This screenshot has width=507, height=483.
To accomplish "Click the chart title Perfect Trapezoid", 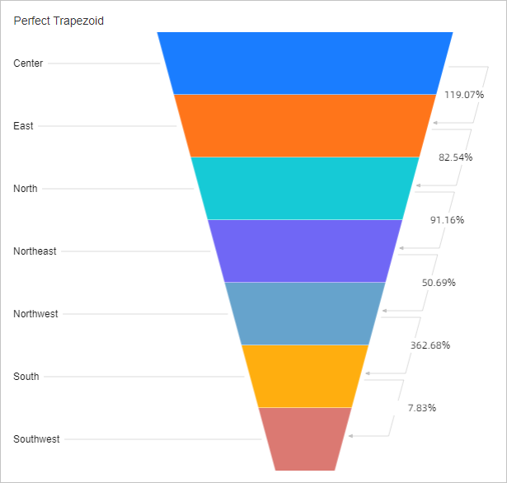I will pos(59,21).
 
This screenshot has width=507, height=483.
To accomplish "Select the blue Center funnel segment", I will pos(305,63).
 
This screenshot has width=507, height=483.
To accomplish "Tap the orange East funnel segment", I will pos(305,125).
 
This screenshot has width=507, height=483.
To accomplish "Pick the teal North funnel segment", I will pos(305,188).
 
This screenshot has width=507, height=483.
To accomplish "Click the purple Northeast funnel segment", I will pos(305,251).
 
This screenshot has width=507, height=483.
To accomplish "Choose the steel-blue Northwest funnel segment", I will pos(305,313).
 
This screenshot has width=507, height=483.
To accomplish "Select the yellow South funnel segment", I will pos(305,376).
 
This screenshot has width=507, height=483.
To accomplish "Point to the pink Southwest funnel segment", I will pos(305,438).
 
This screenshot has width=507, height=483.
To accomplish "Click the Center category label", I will pos(28,63).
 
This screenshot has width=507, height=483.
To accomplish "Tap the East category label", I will pos(23,126).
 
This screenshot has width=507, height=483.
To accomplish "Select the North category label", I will pos(26,189).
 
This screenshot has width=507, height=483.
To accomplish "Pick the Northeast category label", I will pos(35,251).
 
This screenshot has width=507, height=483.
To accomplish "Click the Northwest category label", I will pos(35,314).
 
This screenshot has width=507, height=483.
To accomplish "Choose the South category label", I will pos(26,377).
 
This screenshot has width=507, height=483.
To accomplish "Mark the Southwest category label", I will pos(36,439).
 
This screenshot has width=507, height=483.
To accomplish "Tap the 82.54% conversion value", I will pos(455,157).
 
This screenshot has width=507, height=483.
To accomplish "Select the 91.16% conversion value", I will pos(447,220).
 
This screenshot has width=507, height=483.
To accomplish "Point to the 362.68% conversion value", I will pos(430,345).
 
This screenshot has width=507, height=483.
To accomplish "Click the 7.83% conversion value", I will pos(421,408).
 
